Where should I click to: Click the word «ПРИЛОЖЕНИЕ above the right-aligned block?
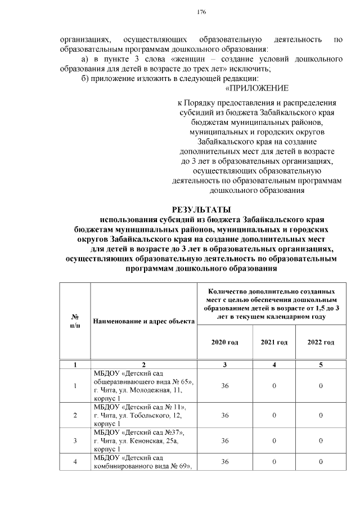(256, 88)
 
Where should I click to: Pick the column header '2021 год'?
(274, 342)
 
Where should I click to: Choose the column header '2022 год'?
(321, 342)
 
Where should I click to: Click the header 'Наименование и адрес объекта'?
(143, 321)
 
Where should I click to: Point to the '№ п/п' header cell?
(75, 321)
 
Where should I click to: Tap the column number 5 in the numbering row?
(321, 365)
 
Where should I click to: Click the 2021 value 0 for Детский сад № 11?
(274, 415)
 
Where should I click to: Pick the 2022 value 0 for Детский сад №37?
(321, 440)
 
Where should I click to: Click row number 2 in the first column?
(75, 415)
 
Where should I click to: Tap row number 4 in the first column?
(75, 462)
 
